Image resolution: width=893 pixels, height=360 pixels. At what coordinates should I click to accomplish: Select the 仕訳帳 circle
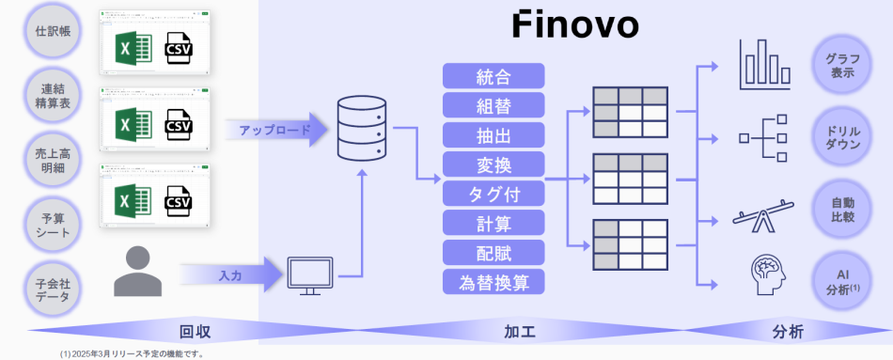(x=54, y=31)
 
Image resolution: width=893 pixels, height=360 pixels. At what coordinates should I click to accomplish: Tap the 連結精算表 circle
(x=54, y=95)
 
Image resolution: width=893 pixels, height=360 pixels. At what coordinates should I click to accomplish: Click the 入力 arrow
(x=235, y=275)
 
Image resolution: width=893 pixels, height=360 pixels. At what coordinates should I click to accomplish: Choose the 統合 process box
(x=493, y=76)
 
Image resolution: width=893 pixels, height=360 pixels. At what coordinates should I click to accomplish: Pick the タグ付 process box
(x=493, y=194)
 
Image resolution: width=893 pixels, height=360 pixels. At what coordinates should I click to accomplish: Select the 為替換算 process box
(x=493, y=281)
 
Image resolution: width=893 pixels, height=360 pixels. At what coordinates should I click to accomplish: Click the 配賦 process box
(x=493, y=252)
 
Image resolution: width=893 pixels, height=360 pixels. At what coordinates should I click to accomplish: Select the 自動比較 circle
(x=842, y=210)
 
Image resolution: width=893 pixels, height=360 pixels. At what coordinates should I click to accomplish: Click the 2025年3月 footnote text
(x=132, y=354)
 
